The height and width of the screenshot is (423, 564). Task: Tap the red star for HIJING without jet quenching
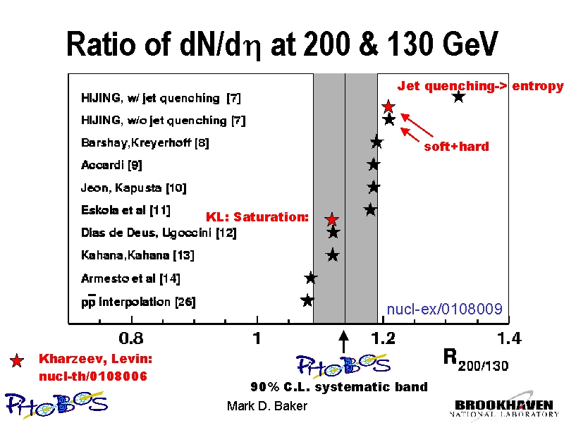tap(388, 106)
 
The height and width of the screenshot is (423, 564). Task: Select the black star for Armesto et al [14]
tap(310, 278)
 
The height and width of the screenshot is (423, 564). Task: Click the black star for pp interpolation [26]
tap(307, 300)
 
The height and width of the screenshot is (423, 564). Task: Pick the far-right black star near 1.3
tap(458, 97)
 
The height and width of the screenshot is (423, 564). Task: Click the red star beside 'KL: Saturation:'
tap(331, 219)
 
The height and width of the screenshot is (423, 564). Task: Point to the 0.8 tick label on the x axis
tap(131, 339)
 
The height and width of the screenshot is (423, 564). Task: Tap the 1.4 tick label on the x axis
tap(509, 339)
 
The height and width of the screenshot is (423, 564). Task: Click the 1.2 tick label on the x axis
tap(384, 339)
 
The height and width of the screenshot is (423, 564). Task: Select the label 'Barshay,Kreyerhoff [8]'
tap(145, 142)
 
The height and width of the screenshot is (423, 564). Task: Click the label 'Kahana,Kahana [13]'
tap(137, 255)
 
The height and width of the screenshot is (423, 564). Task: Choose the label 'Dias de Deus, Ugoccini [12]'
tap(159, 233)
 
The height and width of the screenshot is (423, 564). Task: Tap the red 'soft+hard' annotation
tap(456, 147)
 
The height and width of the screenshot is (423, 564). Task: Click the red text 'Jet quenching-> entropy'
tap(480, 86)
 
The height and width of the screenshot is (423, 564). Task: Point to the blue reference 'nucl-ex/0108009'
tap(444, 309)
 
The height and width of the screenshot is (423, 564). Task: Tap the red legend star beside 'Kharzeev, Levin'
tap(18, 361)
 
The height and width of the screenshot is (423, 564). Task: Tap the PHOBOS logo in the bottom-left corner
tap(56, 403)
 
